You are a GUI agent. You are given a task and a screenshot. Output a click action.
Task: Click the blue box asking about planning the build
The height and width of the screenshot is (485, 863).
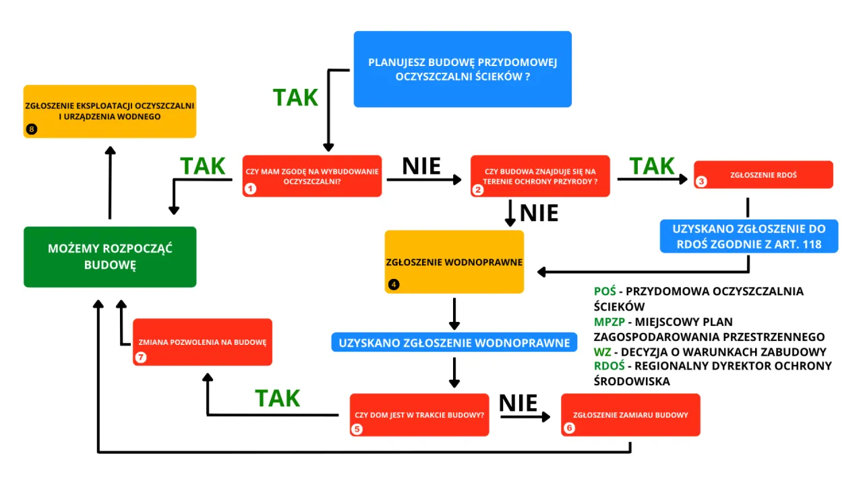click(x=463, y=69)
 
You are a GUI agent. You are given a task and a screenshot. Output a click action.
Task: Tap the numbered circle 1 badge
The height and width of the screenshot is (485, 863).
click(x=250, y=189)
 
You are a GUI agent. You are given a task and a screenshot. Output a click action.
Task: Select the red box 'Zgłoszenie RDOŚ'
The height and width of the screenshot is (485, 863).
click(x=763, y=174)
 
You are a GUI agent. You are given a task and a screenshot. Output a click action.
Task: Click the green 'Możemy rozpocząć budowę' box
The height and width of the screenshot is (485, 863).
click(x=110, y=257)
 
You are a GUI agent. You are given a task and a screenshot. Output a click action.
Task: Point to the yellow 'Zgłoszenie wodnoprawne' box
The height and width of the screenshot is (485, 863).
click(x=454, y=261)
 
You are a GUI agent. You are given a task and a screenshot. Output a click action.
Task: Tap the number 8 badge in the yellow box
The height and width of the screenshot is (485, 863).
click(x=31, y=129)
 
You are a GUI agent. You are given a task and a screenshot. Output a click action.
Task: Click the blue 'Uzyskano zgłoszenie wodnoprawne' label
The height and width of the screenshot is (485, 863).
click(x=454, y=342)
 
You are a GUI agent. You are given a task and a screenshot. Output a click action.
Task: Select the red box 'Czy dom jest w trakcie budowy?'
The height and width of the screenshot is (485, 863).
click(x=419, y=414)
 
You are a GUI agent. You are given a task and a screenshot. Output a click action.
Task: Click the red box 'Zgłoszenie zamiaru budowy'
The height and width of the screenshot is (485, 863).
click(x=630, y=414)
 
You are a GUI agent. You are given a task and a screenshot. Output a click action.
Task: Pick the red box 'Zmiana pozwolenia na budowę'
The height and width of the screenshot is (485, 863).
click(x=202, y=342)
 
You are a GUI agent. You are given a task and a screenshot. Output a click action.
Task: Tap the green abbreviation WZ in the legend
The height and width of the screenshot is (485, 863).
click(x=603, y=352)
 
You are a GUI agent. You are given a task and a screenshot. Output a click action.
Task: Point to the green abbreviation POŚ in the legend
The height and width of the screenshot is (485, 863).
click(x=605, y=292)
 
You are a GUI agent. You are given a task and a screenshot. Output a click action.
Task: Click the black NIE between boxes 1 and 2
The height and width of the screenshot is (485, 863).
click(x=421, y=166)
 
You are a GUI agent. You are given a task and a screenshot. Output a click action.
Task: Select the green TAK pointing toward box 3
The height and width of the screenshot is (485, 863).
click(x=651, y=166)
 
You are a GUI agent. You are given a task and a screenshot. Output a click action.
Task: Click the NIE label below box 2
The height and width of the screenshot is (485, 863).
click(x=539, y=213)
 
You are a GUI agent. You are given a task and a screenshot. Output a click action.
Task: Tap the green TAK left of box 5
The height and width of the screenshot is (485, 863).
click(x=277, y=398)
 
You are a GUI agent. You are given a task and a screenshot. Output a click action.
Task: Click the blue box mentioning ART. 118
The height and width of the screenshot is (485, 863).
click(x=748, y=236)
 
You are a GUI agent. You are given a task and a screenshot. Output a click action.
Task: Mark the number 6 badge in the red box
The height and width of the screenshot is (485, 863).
click(x=570, y=428)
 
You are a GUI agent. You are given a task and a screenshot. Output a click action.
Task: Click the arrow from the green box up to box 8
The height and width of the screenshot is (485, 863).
click(x=110, y=182)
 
